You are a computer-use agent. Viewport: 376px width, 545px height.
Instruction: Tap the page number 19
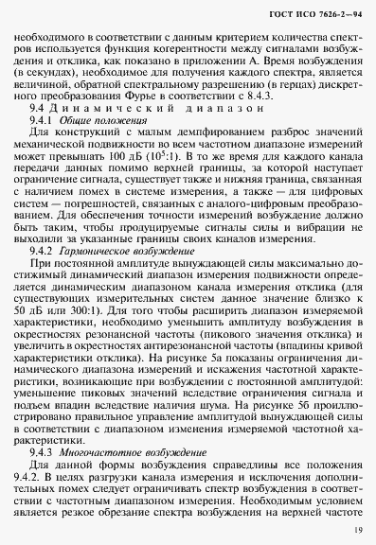(355, 528)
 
